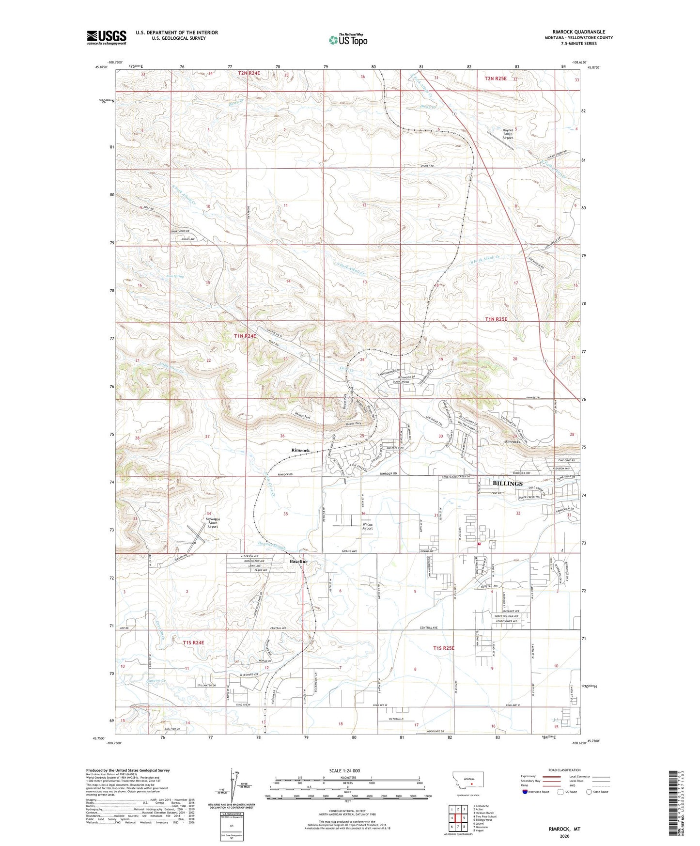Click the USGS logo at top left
106,37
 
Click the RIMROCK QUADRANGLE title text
578,32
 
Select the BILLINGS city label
507,483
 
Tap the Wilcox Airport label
367,526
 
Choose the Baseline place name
298,561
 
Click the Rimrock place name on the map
300,450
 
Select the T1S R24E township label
193,642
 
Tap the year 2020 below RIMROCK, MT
564,836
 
